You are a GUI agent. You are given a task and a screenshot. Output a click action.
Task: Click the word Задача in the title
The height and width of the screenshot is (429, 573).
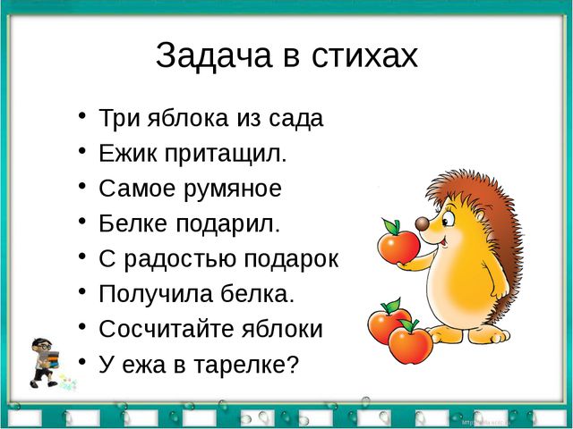coord(214,56)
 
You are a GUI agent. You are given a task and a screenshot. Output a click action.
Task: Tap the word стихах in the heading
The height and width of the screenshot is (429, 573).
coord(364,56)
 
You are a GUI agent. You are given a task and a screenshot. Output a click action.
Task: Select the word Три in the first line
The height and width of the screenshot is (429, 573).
coord(119,118)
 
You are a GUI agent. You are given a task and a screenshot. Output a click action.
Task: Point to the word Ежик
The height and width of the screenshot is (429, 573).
coord(128,153)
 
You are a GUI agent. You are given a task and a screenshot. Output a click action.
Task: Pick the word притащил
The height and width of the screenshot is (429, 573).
coord(226,154)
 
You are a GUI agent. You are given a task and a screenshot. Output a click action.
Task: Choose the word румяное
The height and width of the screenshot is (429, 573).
coord(233,189)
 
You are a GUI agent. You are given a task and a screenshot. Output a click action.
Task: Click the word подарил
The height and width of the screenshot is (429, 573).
coord(228,224)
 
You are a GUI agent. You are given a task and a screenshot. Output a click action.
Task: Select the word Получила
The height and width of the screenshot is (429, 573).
coord(156,294)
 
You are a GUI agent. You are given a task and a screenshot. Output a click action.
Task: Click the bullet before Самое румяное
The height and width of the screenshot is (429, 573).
coord(82,186)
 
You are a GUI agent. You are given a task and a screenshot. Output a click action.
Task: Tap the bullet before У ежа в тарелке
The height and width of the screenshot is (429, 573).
coord(82,361)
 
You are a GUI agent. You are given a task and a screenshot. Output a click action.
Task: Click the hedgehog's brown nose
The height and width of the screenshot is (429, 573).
coord(422,223)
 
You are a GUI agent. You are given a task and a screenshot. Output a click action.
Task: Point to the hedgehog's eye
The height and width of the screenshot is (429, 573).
coord(448,220)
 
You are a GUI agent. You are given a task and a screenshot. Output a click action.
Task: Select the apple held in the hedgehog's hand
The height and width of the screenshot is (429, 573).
coord(398,247)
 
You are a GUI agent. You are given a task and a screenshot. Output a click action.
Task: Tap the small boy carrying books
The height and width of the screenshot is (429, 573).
coord(45,362)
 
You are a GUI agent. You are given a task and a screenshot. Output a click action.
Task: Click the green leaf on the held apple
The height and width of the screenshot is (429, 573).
coord(391,226)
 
